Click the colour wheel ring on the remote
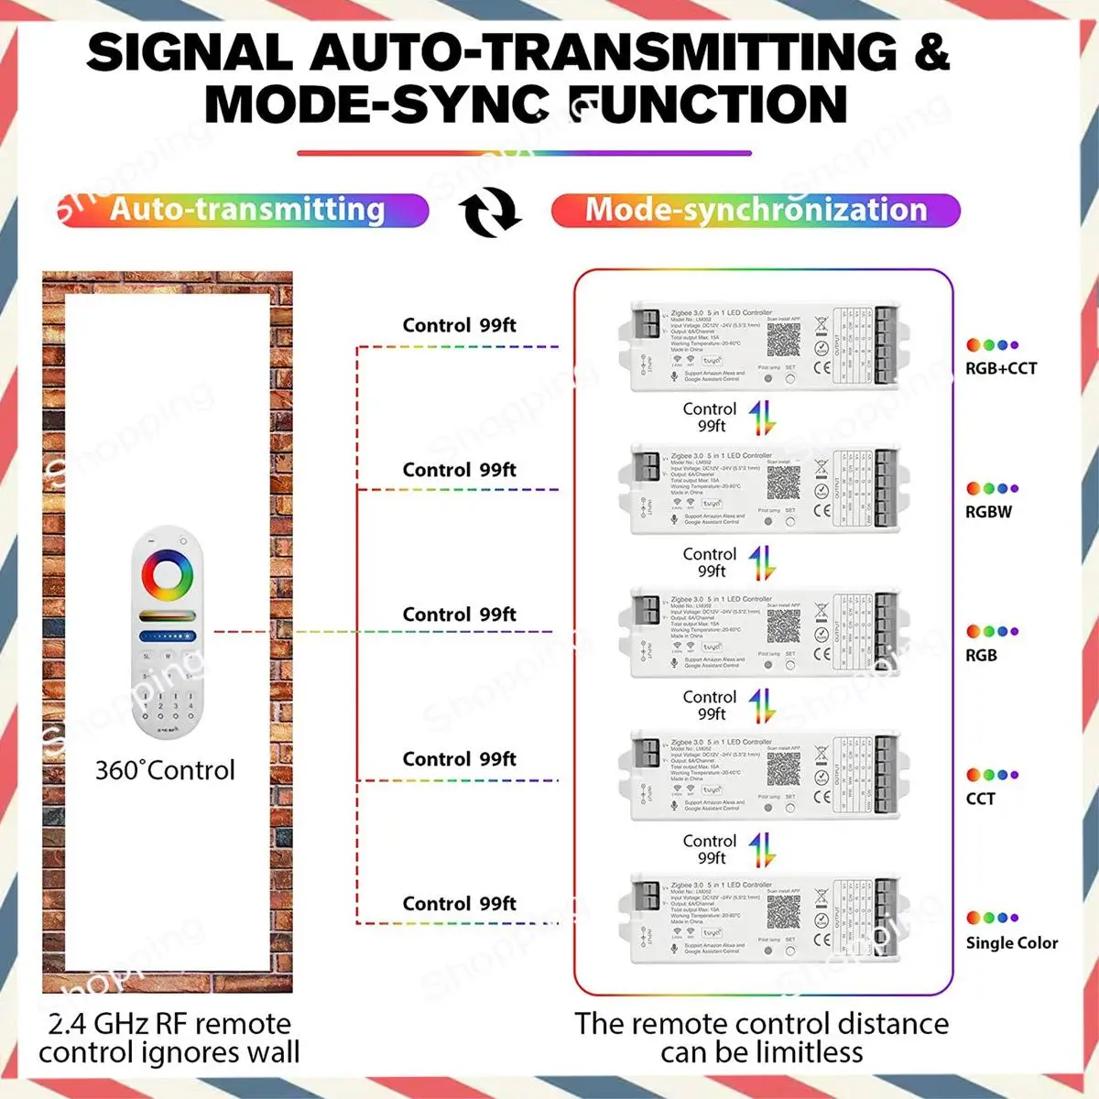168,576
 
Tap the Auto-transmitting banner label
247,210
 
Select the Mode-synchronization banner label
756,210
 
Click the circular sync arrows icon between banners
490,211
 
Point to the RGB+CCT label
1001,368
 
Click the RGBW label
988,512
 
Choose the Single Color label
1011,942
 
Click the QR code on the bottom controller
783,913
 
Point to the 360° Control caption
165,770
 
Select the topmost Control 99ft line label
459,325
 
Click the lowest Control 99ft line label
459,904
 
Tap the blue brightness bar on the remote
168,636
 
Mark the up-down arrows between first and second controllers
761,419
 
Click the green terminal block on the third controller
885,631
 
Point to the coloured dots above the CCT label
992,775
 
